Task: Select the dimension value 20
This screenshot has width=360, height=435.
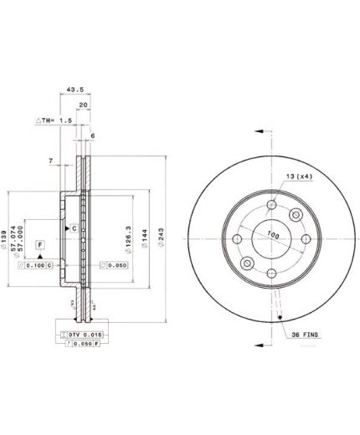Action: click(84, 105)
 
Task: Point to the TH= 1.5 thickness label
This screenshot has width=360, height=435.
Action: click(55, 120)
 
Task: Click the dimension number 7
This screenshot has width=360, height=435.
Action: click(51, 160)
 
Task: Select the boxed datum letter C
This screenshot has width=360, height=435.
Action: click(74, 228)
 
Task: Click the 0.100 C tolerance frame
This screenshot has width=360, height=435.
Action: click(36, 265)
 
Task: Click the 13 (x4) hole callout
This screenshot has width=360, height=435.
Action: click(298, 177)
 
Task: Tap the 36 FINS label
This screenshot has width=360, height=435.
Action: click(306, 335)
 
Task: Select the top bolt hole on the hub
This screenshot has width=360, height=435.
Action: click(272, 205)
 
